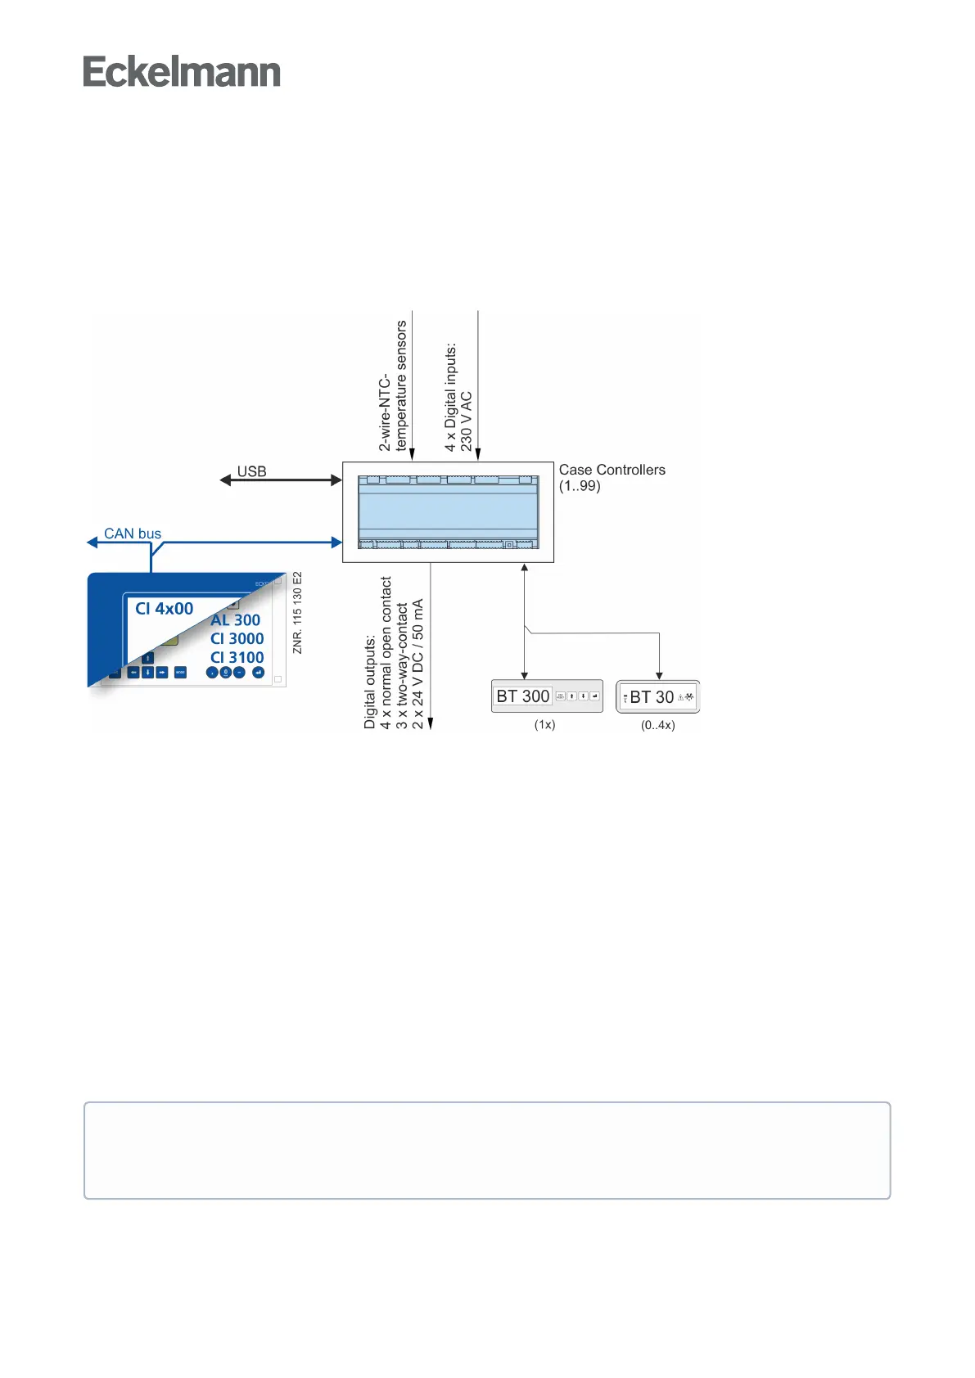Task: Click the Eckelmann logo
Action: (x=182, y=72)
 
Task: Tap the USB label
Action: (x=251, y=471)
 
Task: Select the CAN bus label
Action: (x=133, y=534)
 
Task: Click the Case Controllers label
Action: (x=612, y=470)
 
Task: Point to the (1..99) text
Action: (x=580, y=486)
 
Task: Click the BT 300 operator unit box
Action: (x=546, y=696)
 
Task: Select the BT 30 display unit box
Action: (x=657, y=697)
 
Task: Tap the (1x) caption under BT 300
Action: (x=544, y=725)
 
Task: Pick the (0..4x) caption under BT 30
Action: (x=657, y=725)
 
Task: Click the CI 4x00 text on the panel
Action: (x=164, y=609)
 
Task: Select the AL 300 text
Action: (x=236, y=620)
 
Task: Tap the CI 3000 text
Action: (x=237, y=639)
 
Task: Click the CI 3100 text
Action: (x=237, y=657)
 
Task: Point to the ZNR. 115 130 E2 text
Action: (x=297, y=613)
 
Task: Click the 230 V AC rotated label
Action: (x=467, y=421)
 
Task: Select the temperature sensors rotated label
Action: (x=401, y=385)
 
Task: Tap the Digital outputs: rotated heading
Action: (x=370, y=682)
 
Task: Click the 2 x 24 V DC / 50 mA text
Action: (x=418, y=664)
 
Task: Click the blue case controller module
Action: (x=448, y=512)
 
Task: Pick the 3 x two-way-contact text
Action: (x=402, y=666)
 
